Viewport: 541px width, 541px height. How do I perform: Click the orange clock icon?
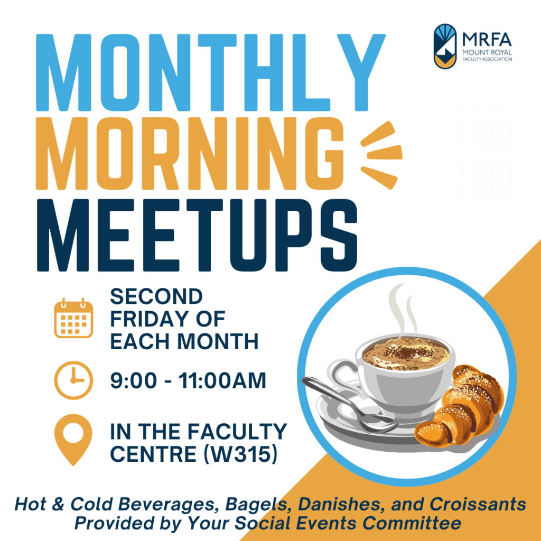[73, 379]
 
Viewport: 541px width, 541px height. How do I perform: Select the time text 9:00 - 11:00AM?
[188, 380]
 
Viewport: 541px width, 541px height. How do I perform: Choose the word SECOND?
[156, 296]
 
